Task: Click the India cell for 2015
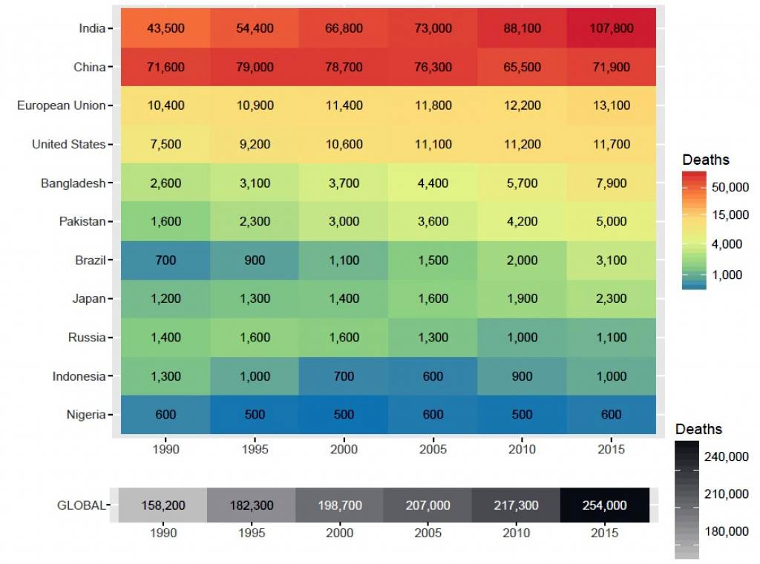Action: (611, 28)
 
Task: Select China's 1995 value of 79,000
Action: (255, 67)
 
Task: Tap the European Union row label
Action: (61, 105)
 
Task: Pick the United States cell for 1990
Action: (165, 144)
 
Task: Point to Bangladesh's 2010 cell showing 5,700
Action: (522, 183)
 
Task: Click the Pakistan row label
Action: (82, 221)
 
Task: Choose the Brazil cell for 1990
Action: (165, 260)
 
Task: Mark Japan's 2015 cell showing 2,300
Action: (611, 298)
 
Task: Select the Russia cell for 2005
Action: (433, 337)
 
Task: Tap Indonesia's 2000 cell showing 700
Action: (344, 376)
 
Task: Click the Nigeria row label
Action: (85, 414)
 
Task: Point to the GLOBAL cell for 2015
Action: (605, 505)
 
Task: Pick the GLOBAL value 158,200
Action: (163, 505)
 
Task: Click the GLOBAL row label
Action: (81, 505)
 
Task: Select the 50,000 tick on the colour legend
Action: (730, 187)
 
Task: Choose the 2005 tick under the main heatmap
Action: (433, 449)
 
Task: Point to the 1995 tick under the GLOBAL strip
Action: (251, 533)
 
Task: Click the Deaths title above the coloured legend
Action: (705, 160)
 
